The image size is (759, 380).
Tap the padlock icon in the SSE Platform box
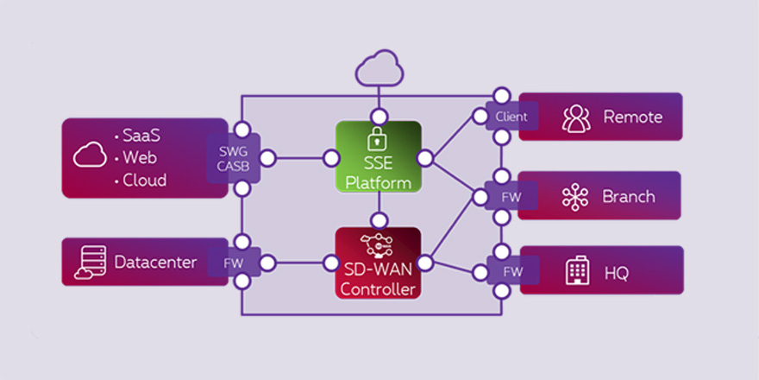pos(376,137)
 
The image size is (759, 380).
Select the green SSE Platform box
pos(378,156)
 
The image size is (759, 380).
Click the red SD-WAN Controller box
pos(378,263)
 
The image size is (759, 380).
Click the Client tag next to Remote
pos(512,117)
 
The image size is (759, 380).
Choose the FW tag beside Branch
pos(512,196)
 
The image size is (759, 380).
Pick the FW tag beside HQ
pos(512,271)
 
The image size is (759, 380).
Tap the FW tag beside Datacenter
pos(232,262)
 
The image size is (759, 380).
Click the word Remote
pos(632,117)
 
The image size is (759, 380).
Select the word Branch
pos(629,196)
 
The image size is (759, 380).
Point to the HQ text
pos(616,273)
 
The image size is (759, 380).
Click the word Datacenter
pos(156,262)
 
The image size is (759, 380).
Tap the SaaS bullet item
pos(141,136)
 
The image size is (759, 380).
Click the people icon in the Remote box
pos(576,117)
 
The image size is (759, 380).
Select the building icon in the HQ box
pos(576,271)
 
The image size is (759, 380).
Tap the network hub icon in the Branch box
pos(575,197)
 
